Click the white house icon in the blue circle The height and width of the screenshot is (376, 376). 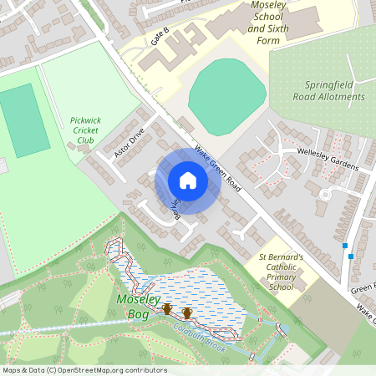pos(188,180)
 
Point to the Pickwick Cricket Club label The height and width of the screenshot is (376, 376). pos(86,130)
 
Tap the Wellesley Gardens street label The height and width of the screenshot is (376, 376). pos(327,157)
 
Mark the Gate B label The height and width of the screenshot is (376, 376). pos(160,34)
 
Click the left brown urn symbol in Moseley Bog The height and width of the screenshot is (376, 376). pos(167,310)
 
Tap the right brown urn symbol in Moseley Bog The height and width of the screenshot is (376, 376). pos(187,313)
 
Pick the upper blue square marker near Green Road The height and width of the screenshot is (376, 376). pos(344,246)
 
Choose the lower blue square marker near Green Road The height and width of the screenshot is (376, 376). pos(352,257)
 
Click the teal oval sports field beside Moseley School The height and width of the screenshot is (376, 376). pos(222,96)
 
